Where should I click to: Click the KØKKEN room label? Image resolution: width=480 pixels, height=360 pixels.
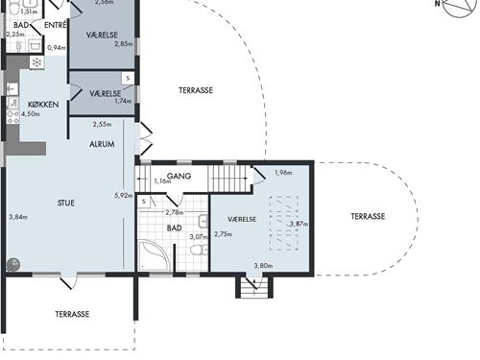43,103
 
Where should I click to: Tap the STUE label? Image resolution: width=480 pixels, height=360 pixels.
65,203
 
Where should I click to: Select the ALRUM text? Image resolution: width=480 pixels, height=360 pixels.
102,144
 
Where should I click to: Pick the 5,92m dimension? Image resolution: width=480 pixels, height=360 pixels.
122,196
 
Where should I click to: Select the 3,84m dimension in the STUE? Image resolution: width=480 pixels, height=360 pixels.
17,216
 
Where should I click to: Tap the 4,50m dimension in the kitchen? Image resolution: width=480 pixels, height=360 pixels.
31,113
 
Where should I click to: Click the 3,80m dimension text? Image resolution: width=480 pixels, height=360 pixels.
262,266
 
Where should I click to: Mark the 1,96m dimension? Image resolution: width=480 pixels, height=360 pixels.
282,173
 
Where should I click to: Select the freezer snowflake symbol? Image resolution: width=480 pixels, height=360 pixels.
36,62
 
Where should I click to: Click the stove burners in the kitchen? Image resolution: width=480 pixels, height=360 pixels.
12,113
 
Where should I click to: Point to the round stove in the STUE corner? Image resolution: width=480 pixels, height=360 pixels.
12,265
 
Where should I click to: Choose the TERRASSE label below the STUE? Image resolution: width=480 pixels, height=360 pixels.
72,314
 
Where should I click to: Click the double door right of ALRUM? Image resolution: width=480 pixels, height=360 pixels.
145,139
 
